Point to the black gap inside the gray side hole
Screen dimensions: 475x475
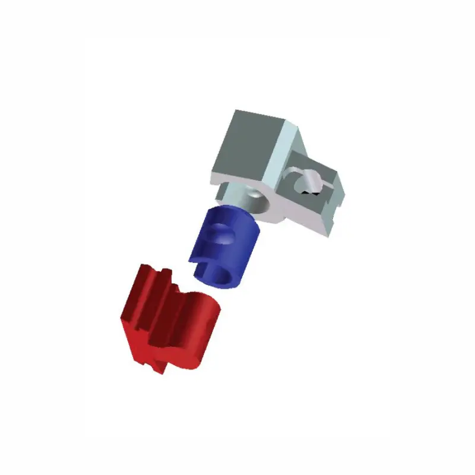(307, 192)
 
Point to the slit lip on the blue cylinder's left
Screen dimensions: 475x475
(199, 261)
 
